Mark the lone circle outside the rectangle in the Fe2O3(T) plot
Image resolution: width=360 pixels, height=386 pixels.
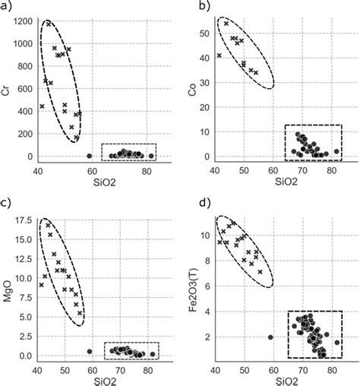pos(271,337)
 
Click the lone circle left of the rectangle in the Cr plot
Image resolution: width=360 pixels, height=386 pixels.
pos(89,156)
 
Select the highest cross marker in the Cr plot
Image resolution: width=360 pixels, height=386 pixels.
pos(49,24)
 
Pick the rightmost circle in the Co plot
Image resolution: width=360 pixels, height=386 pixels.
pos(336,151)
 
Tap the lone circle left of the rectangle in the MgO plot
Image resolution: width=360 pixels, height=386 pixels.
pos(90,352)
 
